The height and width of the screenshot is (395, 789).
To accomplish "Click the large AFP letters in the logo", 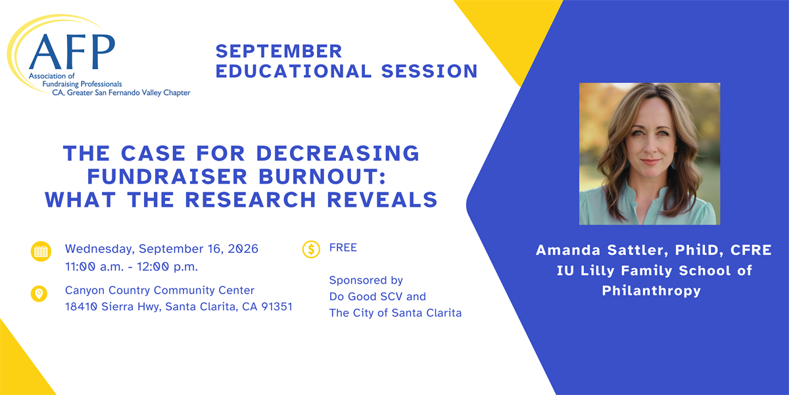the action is (x=72, y=52).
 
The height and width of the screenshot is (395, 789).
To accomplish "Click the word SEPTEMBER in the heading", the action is (x=279, y=51).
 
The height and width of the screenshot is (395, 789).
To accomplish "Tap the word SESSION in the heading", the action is (x=429, y=71).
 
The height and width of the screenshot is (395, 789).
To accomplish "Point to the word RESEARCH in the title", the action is (x=251, y=199).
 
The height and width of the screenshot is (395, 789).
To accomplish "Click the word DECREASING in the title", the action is (x=338, y=153).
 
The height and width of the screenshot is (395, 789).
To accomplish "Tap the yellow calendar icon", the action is (x=41, y=251).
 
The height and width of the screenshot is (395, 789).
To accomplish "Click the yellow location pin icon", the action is (x=39, y=294).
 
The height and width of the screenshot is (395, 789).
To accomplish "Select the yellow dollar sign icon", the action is (x=312, y=250).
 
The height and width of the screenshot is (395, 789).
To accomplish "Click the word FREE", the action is (x=343, y=248).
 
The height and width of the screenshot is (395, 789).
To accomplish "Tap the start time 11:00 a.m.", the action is (x=94, y=267).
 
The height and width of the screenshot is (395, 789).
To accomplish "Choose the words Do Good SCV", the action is (x=366, y=297).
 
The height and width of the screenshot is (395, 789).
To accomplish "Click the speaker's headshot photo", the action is (x=650, y=154).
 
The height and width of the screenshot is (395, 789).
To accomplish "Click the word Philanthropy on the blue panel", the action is (x=652, y=291).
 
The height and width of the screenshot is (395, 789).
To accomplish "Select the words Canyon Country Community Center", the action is (x=160, y=290).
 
